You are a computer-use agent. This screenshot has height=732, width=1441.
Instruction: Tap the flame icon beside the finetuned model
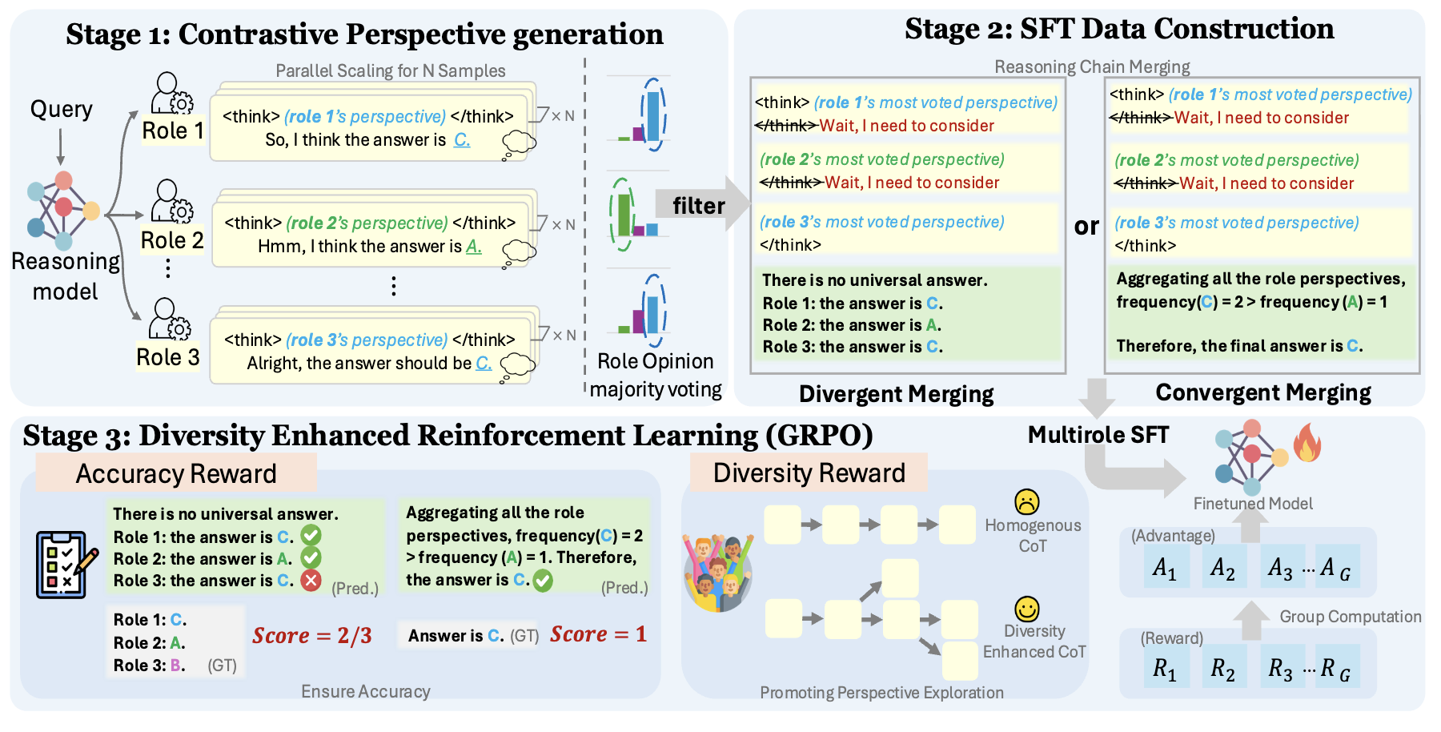[1307, 443]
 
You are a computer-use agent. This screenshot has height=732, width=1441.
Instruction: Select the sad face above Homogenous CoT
[1026, 502]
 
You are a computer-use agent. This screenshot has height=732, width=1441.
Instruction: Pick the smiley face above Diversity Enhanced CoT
[1026, 609]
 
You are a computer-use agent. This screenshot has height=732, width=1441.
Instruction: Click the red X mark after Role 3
[311, 580]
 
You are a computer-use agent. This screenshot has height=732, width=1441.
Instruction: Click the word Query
[61, 109]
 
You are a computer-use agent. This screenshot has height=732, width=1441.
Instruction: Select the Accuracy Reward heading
[176, 473]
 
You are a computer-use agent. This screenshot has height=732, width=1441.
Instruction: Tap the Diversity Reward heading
[809, 473]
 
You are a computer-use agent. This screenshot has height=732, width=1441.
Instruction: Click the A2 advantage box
[1222, 568]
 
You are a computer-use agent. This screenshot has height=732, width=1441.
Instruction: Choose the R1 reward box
[1165, 667]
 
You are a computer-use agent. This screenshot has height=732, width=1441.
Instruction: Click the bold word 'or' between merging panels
[1086, 227]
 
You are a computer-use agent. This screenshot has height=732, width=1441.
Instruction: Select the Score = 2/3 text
[312, 636]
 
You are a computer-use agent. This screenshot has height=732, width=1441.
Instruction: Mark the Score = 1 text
[598, 634]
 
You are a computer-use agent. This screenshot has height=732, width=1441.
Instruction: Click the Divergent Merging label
[896, 394]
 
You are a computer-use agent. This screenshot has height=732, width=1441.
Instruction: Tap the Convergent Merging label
[1262, 392]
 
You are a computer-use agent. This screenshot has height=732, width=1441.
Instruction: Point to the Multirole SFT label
[1098, 435]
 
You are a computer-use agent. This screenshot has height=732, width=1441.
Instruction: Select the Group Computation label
[1350, 617]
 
